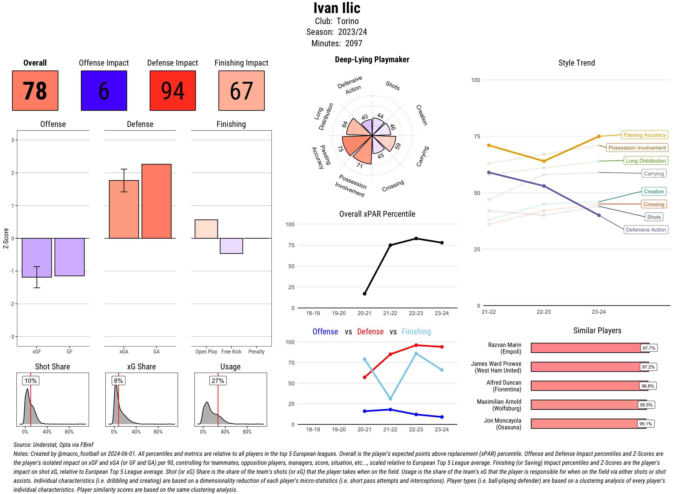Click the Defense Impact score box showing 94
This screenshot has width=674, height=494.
click(x=173, y=91)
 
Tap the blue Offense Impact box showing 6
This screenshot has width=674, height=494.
click(x=104, y=91)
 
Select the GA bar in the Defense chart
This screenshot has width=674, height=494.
click(x=156, y=201)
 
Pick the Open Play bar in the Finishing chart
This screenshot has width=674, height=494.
click(x=206, y=229)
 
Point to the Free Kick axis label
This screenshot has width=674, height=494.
click(x=231, y=352)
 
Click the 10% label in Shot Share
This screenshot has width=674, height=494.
click(x=31, y=381)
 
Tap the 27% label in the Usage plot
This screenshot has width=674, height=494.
click(x=217, y=381)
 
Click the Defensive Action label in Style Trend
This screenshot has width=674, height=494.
click(x=646, y=230)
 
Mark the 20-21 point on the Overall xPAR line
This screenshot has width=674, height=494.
click(x=364, y=294)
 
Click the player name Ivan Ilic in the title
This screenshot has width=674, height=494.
click(x=337, y=8)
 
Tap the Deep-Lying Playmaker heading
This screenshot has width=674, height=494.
click(x=372, y=60)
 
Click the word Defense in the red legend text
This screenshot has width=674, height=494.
click(x=370, y=332)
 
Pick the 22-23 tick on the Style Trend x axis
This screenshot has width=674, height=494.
click(x=543, y=312)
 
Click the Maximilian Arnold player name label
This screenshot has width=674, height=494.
click(x=499, y=405)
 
